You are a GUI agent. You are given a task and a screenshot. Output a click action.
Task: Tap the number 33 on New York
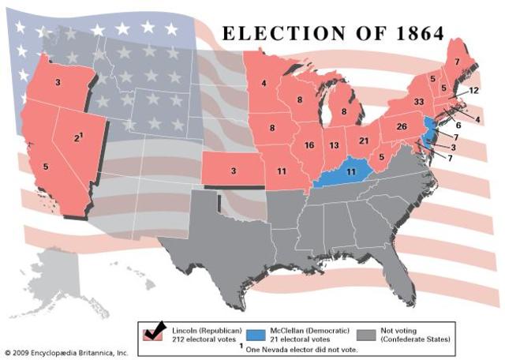[419, 102]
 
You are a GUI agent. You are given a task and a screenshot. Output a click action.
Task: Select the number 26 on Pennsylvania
[401, 127]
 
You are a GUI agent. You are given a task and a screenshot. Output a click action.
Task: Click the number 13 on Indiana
[335, 145]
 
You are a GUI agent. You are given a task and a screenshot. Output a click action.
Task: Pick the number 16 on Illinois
[309, 145]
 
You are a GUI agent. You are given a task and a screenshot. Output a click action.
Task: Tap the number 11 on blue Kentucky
[351, 171]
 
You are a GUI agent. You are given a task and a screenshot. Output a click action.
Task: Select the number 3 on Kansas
[233, 171]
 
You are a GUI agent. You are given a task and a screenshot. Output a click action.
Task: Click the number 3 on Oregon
[57, 81]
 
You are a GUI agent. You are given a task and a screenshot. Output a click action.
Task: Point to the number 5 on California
[45, 167]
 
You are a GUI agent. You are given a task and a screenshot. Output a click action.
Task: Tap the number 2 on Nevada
[77, 138]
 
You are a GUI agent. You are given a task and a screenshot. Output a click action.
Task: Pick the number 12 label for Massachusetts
[473, 91]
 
